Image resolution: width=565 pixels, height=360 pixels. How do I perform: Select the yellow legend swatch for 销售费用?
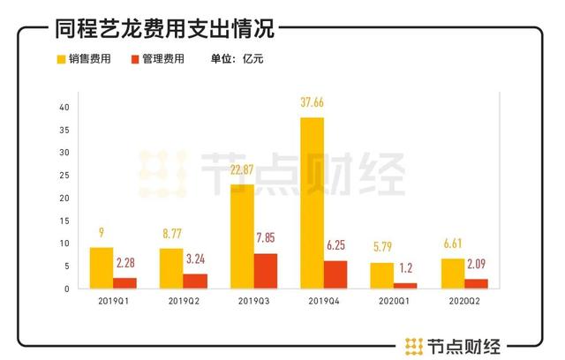tap(63, 60)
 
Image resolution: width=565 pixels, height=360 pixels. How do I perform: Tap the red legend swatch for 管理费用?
tap(134, 60)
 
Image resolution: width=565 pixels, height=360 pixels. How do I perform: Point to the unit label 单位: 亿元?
tap(237, 60)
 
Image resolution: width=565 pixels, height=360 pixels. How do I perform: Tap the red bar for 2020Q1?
tap(406, 285)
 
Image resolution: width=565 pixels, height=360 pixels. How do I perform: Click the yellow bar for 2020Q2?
tap(452, 273)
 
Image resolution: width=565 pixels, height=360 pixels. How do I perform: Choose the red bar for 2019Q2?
tap(196, 281)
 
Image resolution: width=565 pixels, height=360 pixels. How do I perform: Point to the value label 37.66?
tap(313, 102)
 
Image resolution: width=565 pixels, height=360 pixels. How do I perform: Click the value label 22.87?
tap(242, 169)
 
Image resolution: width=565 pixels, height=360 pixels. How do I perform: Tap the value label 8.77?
tap(171, 234)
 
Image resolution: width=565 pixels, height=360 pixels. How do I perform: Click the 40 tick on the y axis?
tap(63, 108)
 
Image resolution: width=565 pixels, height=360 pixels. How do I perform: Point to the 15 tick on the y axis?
tap(63, 221)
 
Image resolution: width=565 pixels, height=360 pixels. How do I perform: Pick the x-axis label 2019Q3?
tap(254, 302)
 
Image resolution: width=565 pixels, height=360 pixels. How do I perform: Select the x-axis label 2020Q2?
tap(463, 302)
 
